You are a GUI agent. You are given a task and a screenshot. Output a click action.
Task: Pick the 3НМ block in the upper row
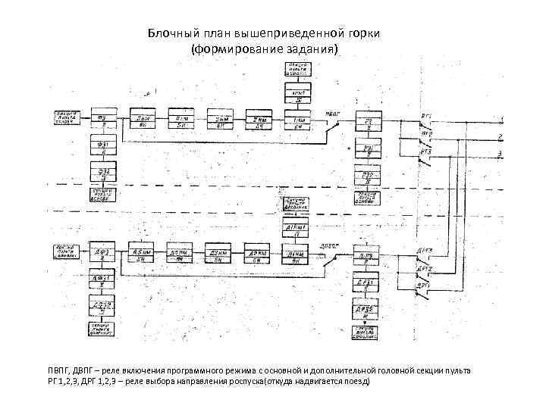point(221,119)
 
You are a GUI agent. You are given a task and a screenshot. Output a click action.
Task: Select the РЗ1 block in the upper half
point(369,149)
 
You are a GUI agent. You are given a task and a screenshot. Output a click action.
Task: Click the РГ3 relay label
point(427,151)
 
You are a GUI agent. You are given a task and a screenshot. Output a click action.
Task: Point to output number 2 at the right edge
point(500,136)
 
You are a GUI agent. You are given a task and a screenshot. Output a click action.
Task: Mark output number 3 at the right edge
point(500,155)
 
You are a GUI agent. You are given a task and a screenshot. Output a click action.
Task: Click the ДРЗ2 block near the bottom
point(369,311)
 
